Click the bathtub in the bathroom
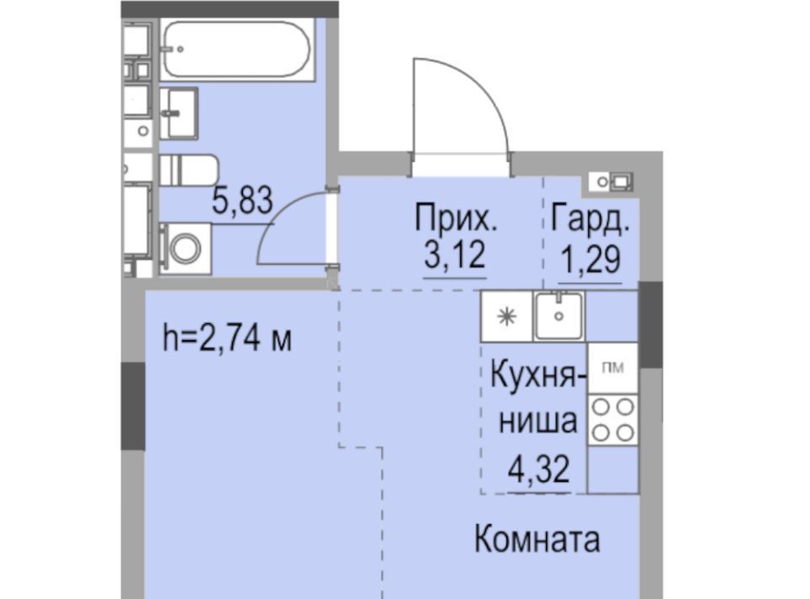[237, 50]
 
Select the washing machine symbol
[185, 248]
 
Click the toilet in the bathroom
[188, 170]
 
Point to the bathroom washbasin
[179, 113]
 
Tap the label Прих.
[456, 219]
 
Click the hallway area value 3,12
[455, 255]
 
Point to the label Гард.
[591, 219]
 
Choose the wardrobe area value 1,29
[591, 259]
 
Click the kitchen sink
[559, 316]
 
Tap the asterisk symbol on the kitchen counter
[507, 316]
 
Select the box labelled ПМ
[613, 368]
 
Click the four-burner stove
[613, 420]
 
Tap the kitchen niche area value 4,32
[539, 469]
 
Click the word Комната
[537, 540]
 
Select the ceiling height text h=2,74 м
[227, 338]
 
